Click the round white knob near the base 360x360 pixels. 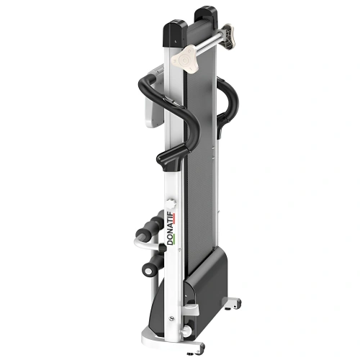186,330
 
